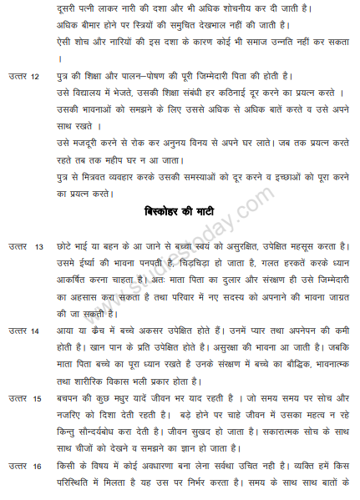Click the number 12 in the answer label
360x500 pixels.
(x=34, y=77)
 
